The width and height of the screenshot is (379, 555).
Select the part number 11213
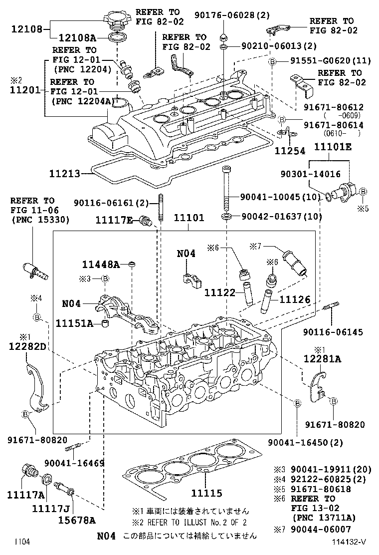pos(65,174)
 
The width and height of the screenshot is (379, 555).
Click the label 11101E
pos(332,147)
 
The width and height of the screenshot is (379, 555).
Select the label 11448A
pos(101,265)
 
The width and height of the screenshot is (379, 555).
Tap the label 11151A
pos(74,324)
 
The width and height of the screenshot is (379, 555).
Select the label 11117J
pos(51,508)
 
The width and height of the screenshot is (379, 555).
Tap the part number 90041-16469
pos(74,463)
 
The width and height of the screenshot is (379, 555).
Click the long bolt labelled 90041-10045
pos(227,190)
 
